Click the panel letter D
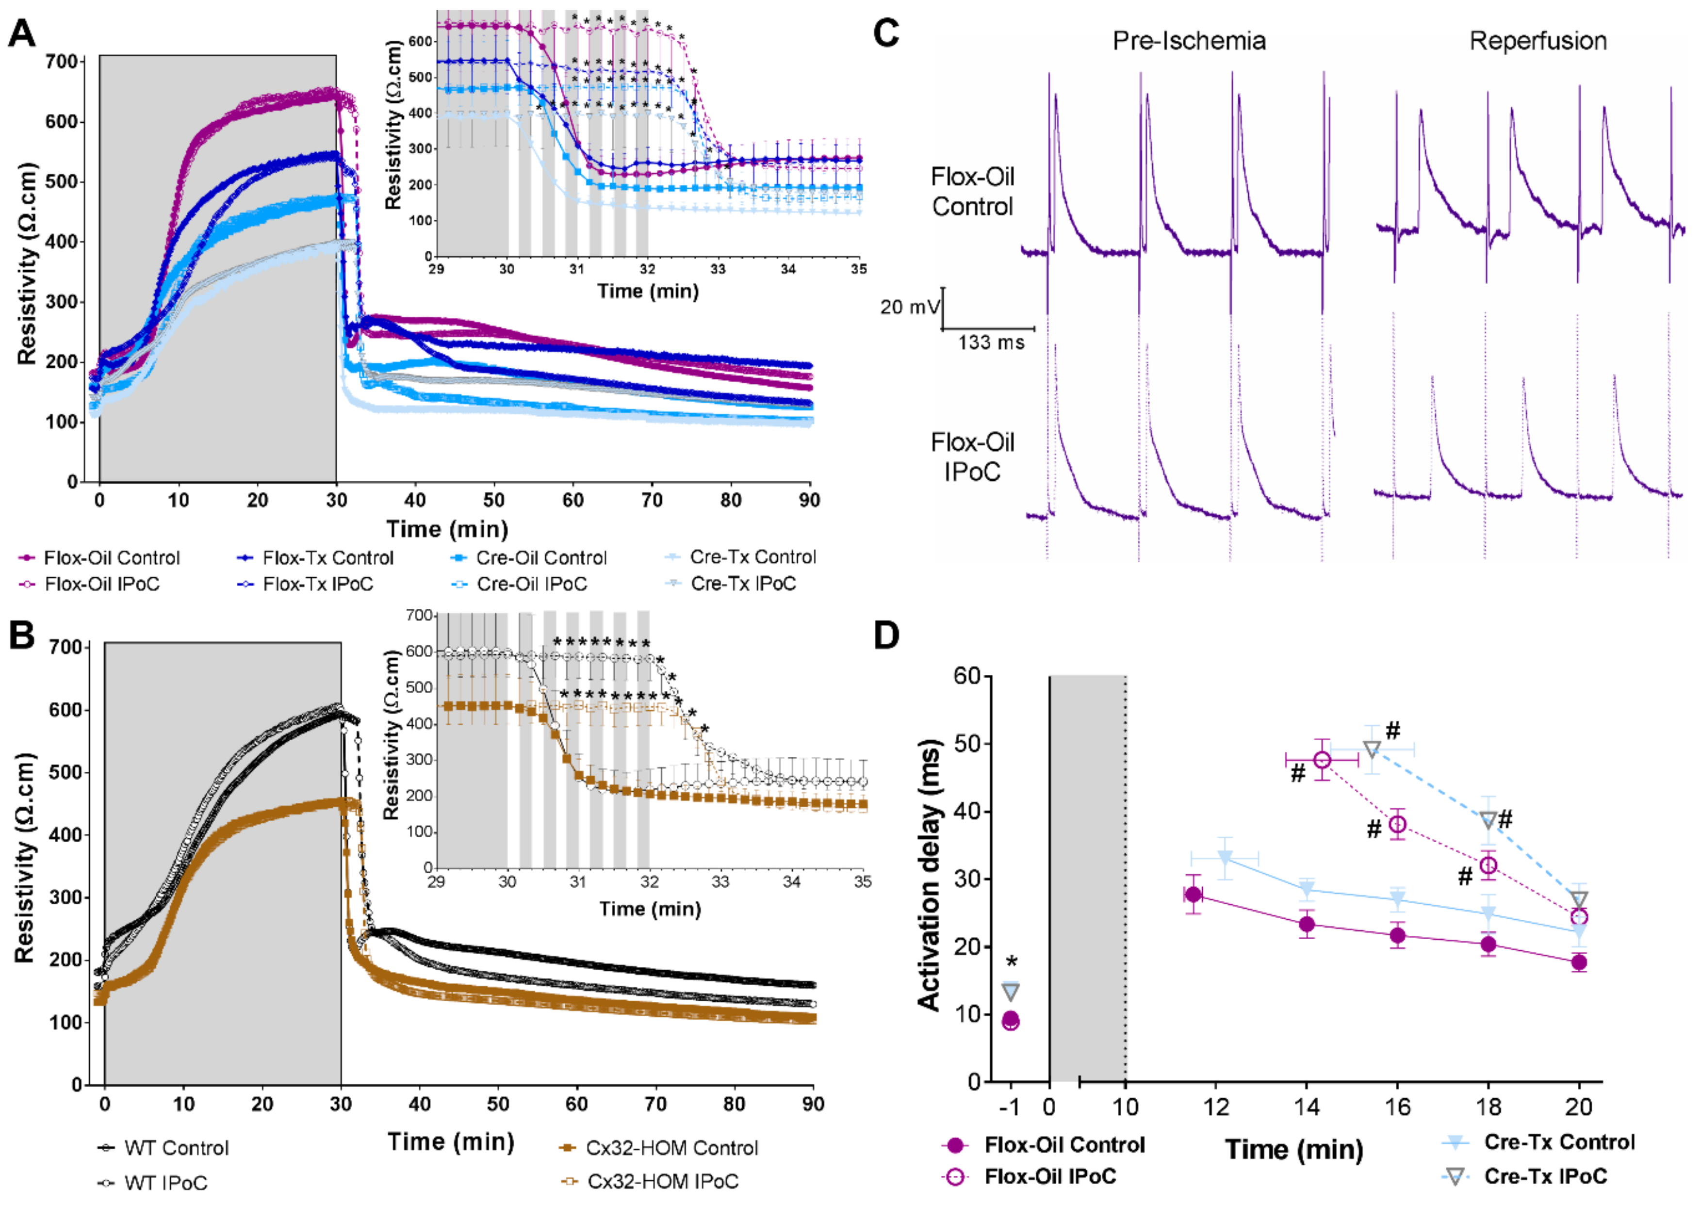click(887, 636)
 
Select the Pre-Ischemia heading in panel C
click(1189, 40)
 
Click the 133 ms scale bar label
click(991, 343)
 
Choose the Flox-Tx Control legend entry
click(327, 558)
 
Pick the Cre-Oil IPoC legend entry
click(531, 585)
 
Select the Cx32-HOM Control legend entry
click(671, 1148)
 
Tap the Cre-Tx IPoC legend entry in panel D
click(1545, 1176)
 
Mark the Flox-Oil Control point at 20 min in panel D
click(1579, 962)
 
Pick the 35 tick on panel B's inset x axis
click(862, 881)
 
